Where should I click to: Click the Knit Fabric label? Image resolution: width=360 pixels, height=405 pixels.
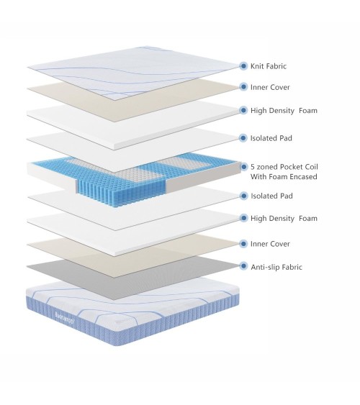pyautogui.click(x=269, y=66)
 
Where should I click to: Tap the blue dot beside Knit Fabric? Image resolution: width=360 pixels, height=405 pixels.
pyautogui.click(x=243, y=66)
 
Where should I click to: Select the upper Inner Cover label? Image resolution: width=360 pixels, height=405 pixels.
pyautogui.click(x=270, y=87)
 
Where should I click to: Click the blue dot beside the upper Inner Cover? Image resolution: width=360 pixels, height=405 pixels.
pyautogui.click(x=243, y=87)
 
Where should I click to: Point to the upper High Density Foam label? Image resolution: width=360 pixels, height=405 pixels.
pyautogui.click(x=284, y=111)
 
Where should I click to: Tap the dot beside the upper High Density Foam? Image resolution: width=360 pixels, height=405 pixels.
pyautogui.click(x=243, y=110)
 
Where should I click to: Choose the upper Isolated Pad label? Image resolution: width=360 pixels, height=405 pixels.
pyautogui.click(x=271, y=138)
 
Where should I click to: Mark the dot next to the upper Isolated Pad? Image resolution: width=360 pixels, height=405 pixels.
pyautogui.click(x=243, y=138)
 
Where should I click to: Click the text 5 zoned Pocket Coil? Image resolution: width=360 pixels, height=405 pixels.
pyautogui.click(x=284, y=167)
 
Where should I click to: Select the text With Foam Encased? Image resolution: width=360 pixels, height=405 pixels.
pyautogui.click(x=284, y=177)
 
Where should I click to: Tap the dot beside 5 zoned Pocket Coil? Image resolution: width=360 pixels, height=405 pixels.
pyautogui.click(x=243, y=167)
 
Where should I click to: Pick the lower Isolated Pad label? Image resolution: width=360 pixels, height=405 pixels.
pyautogui.click(x=271, y=196)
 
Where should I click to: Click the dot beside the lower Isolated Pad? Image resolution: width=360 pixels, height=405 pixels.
pyautogui.click(x=243, y=196)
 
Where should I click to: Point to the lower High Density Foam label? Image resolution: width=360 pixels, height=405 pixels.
pyautogui.click(x=284, y=219)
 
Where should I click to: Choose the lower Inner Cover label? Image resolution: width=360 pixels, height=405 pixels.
pyautogui.click(x=270, y=244)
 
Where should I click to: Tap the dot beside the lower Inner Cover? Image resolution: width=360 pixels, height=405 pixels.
pyautogui.click(x=243, y=244)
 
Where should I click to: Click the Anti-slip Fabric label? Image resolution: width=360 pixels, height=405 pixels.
pyautogui.click(x=276, y=267)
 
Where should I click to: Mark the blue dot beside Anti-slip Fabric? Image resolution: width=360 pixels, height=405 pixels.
pyautogui.click(x=243, y=265)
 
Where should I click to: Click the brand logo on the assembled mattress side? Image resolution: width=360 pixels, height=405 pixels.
pyautogui.click(x=65, y=318)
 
